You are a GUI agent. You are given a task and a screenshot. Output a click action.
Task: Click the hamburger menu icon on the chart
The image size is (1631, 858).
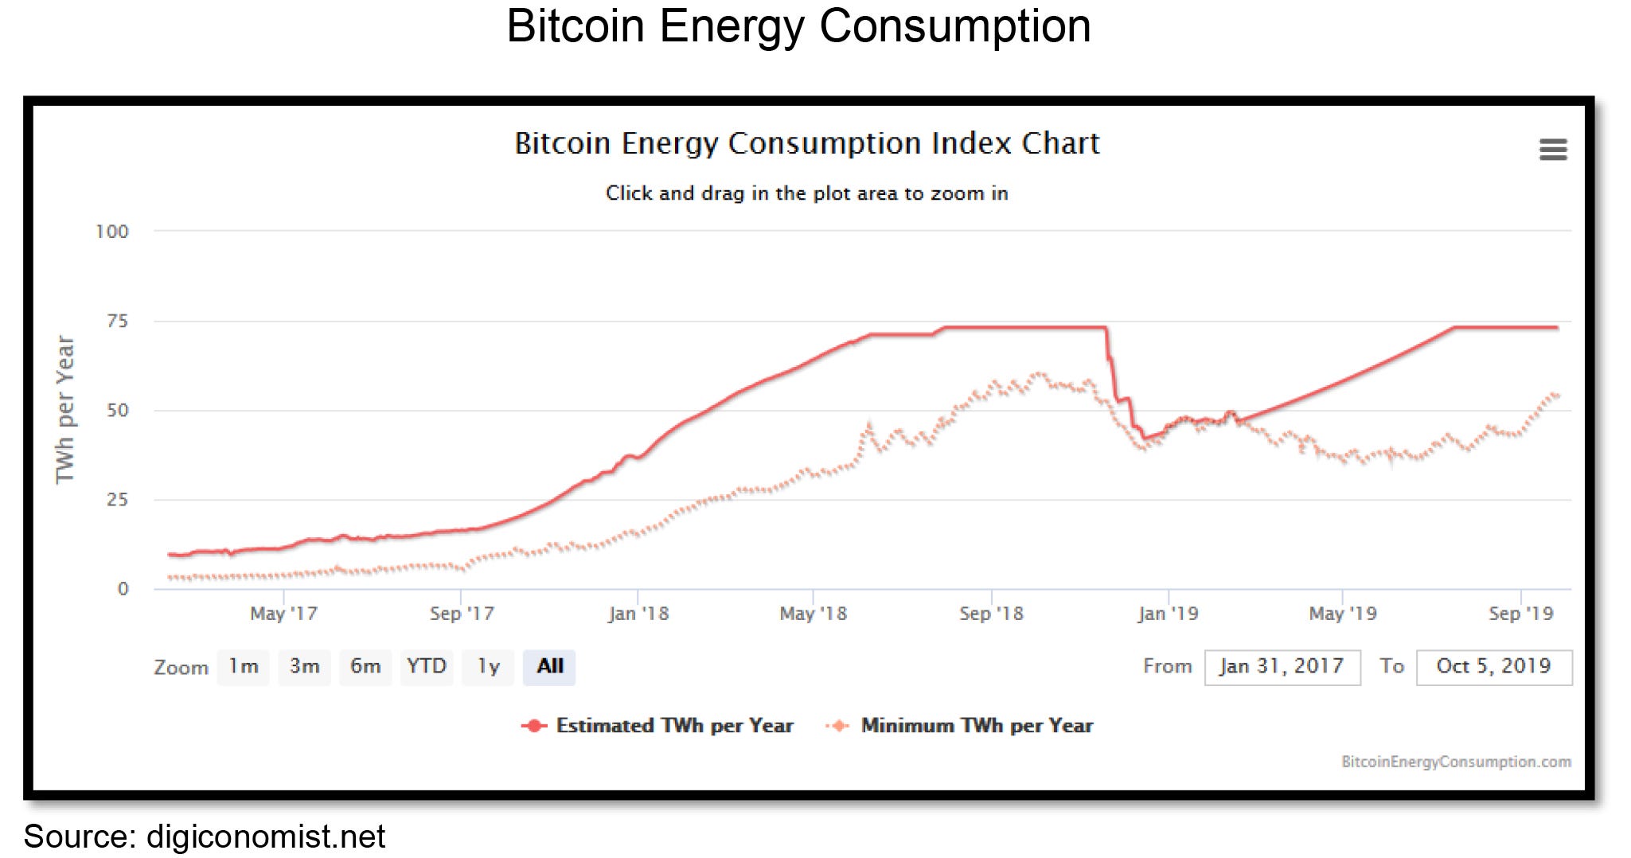[x=1552, y=149]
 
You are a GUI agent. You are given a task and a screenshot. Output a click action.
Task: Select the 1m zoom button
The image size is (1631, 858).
[x=244, y=666]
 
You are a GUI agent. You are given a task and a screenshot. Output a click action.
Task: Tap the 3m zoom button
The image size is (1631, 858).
[x=304, y=666]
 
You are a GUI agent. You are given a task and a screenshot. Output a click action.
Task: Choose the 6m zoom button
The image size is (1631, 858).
[x=365, y=666]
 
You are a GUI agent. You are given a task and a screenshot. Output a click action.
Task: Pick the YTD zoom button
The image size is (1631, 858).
[x=427, y=666]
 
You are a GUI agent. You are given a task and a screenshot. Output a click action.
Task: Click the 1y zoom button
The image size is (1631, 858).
[x=488, y=666]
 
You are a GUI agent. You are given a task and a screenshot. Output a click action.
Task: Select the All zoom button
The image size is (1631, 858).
[x=549, y=666]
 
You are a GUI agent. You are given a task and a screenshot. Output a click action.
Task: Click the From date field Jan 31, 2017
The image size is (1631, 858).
[x=1282, y=666]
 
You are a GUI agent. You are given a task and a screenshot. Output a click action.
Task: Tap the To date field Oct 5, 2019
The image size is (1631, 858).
[x=1493, y=666]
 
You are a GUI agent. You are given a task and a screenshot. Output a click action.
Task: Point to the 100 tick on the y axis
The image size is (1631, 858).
[x=111, y=232]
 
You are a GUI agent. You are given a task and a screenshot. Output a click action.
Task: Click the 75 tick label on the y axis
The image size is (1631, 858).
[x=117, y=321]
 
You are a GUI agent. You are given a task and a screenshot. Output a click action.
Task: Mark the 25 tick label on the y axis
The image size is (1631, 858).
[x=117, y=500]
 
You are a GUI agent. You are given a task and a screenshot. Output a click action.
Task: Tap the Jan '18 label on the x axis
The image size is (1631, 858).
[x=638, y=614]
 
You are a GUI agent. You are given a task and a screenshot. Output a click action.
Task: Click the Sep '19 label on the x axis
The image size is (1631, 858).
[x=1520, y=614]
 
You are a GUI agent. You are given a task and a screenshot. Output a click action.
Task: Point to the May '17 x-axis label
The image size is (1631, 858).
[x=283, y=614]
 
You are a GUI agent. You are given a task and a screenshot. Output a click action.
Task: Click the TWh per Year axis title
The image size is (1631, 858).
[x=64, y=409]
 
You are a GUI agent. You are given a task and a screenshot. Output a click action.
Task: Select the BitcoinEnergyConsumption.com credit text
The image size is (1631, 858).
[x=1456, y=762]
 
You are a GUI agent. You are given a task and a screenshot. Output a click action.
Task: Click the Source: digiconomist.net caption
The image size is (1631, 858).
[x=204, y=837]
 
